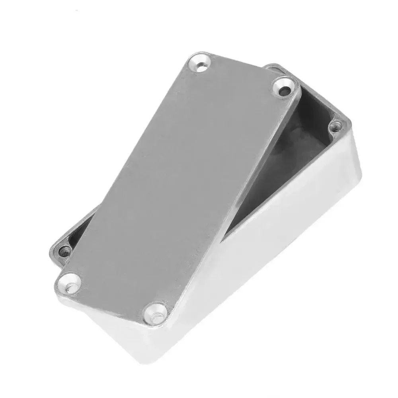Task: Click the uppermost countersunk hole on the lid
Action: tap(201, 64)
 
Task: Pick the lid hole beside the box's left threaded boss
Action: tap(70, 281)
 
